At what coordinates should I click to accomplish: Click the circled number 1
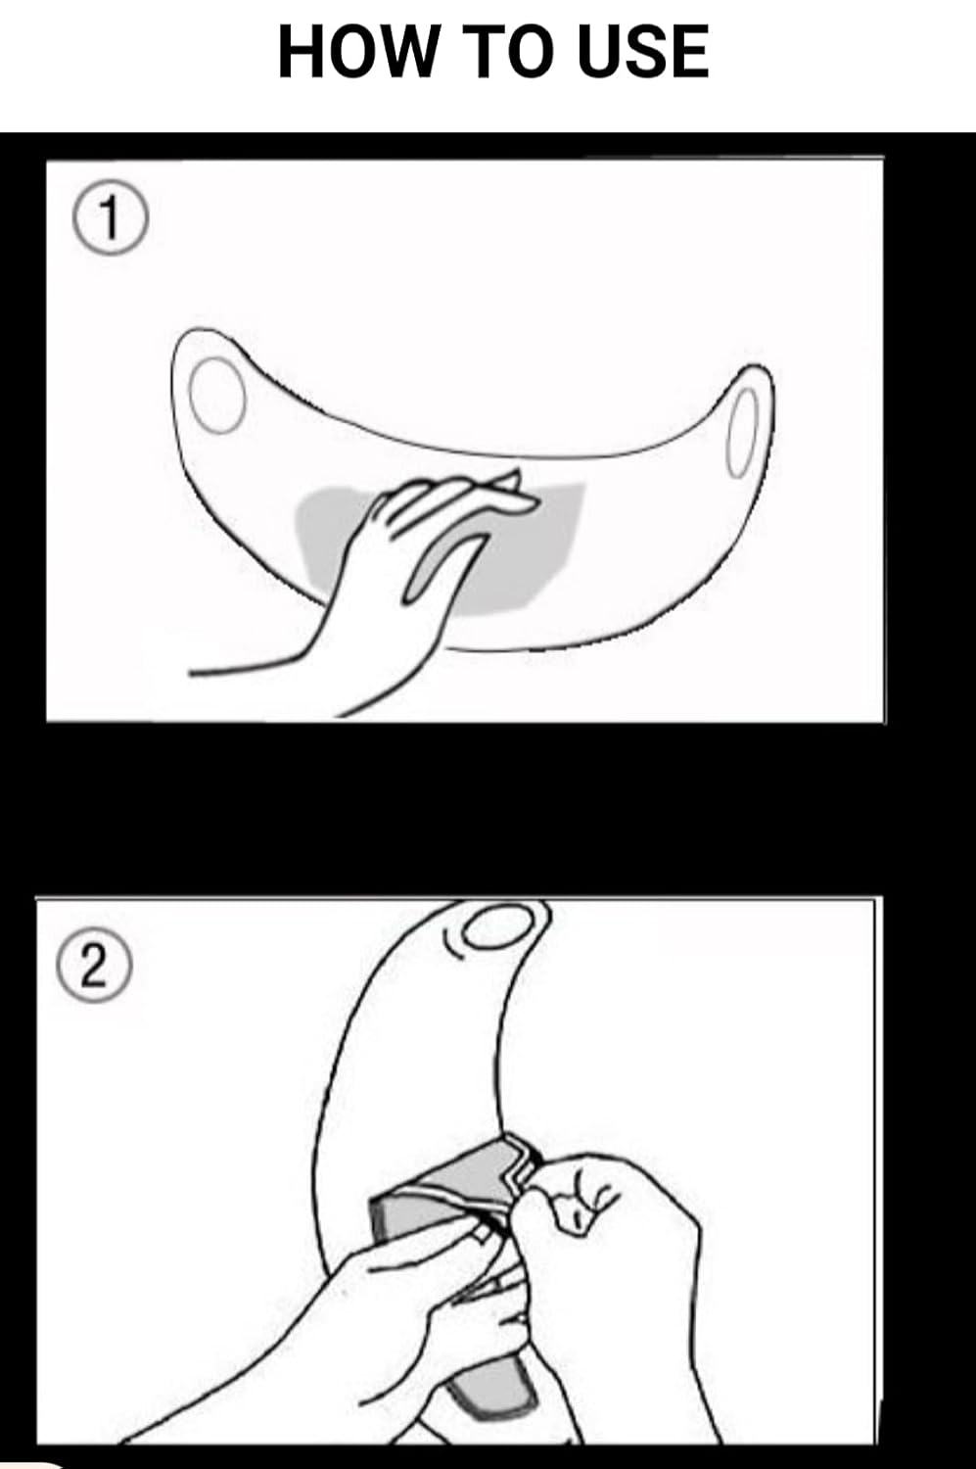110,218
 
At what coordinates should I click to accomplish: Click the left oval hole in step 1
217,396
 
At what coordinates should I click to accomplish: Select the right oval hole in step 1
743,432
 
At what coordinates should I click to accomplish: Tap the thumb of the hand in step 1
440,564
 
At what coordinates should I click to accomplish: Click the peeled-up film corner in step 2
518,1166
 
